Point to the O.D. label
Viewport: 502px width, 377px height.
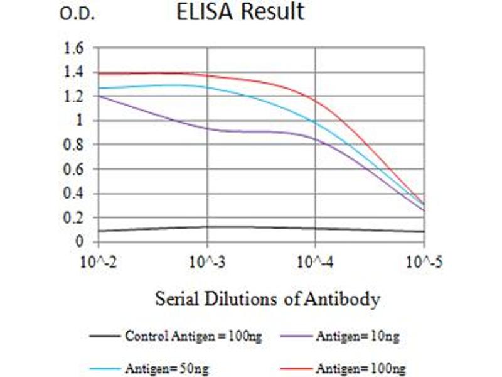point(77,14)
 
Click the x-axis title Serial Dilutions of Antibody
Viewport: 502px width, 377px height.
point(267,298)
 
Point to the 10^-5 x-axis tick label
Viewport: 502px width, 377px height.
point(423,261)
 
